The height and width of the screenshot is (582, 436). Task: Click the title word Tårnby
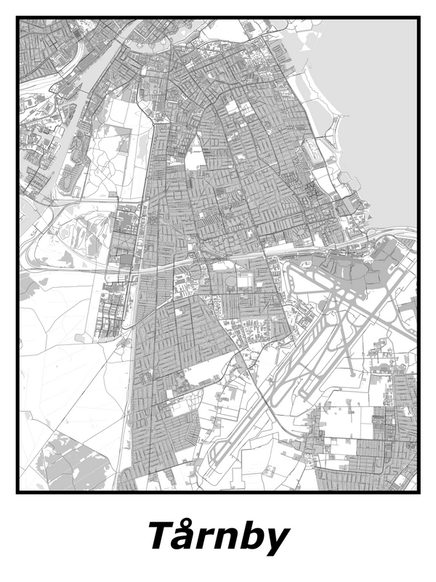coord(219,537)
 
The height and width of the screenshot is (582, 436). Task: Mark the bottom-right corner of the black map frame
coord(418,492)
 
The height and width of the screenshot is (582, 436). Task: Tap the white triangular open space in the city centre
coord(195,154)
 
